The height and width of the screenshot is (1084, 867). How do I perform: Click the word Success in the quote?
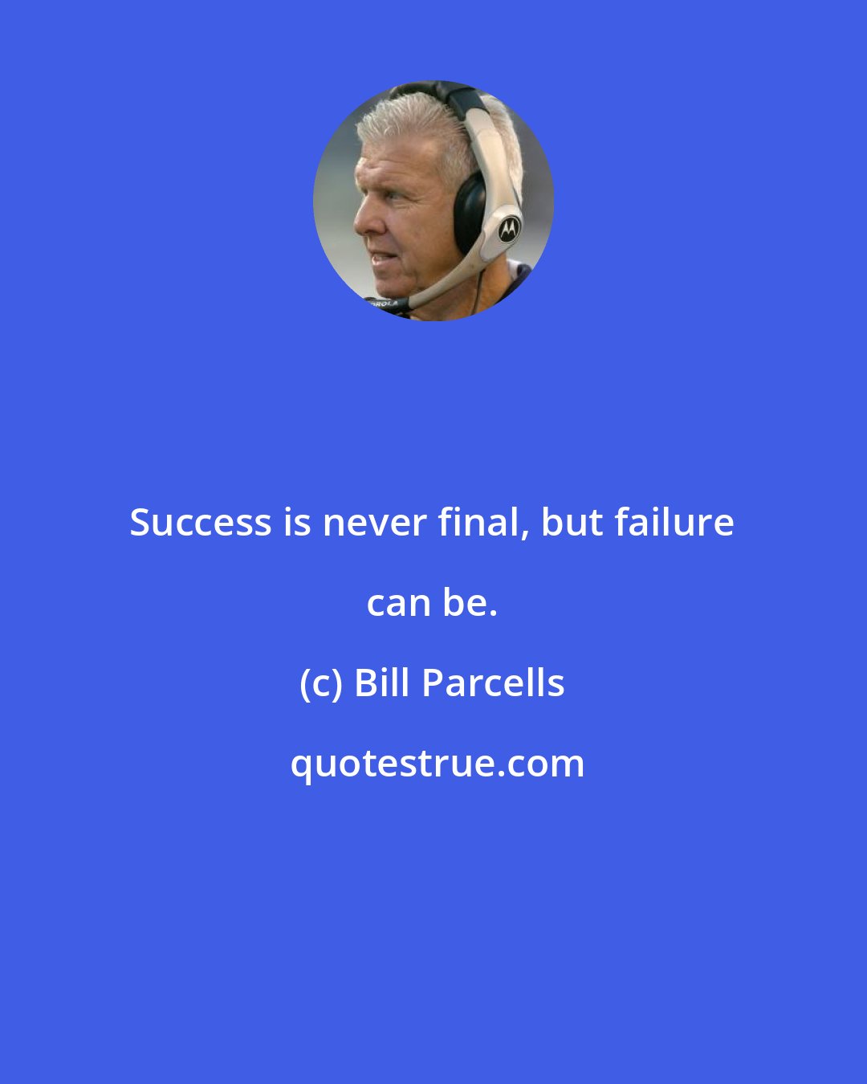[x=201, y=523]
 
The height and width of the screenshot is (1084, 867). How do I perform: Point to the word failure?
[x=674, y=523]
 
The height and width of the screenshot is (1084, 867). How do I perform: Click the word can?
[x=398, y=603]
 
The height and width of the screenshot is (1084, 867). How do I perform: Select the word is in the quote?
[x=297, y=523]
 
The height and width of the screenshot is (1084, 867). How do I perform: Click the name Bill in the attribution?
[x=382, y=683]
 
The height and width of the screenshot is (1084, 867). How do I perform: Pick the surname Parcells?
[x=494, y=683]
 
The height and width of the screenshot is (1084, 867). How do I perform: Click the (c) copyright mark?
[x=320, y=683]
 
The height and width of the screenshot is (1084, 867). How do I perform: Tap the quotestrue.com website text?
[x=437, y=764]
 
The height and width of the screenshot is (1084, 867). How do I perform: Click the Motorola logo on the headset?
[x=508, y=230]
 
